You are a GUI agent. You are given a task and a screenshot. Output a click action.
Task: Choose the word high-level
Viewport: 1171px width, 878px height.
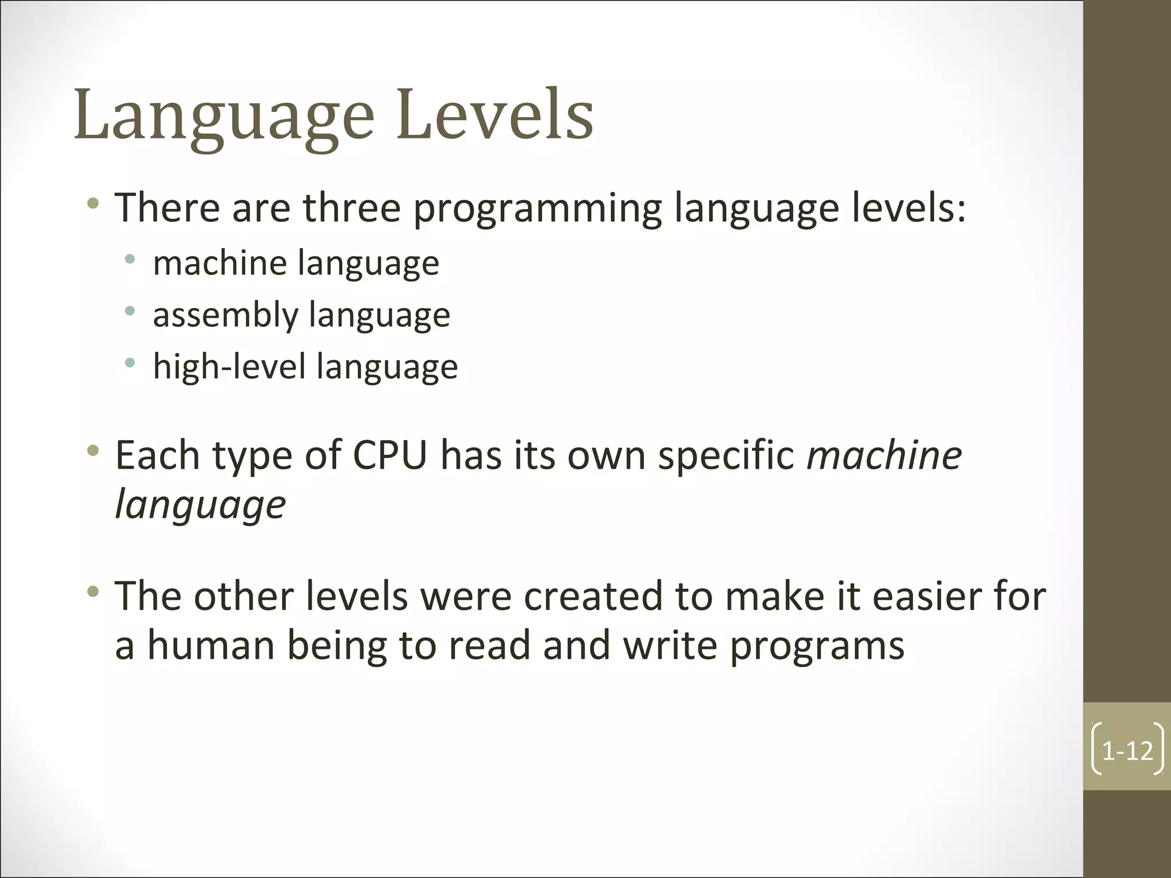[229, 366]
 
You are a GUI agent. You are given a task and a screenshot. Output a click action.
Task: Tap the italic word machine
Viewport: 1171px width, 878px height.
[884, 456]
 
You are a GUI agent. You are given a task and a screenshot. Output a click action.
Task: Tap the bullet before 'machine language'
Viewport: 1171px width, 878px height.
[130, 259]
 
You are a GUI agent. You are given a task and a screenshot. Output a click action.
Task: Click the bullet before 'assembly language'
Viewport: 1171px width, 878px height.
[130, 311]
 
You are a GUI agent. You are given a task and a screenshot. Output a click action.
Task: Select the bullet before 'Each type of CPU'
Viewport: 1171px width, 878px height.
[93, 452]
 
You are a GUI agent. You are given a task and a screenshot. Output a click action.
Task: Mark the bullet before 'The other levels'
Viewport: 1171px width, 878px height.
[93, 592]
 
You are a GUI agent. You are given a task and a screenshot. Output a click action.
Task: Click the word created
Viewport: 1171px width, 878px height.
[593, 596]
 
